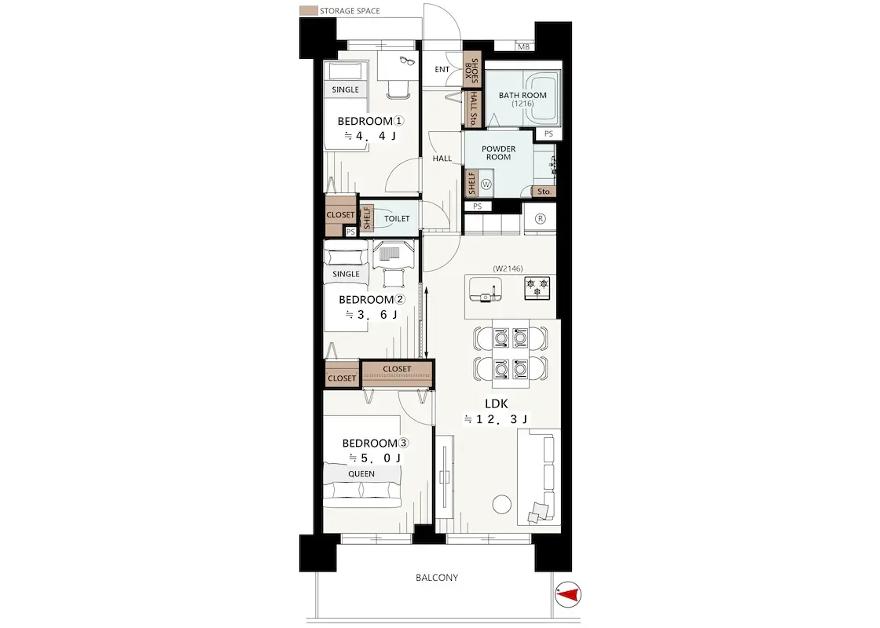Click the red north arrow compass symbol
pyautogui.click(x=569, y=594)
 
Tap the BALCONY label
pyautogui.click(x=437, y=577)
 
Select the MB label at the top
pyautogui.click(x=523, y=47)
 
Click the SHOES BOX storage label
pyautogui.click(x=471, y=70)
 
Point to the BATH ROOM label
pyautogui.click(x=522, y=95)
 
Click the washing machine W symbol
pyautogui.click(x=486, y=184)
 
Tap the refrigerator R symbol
pyautogui.click(x=540, y=219)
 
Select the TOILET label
pyautogui.click(x=397, y=219)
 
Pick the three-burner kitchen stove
pyautogui.click(x=537, y=287)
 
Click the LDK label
pyautogui.click(x=496, y=403)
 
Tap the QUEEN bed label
pyautogui.click(x=361, y=474)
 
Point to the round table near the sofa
pyautogui.click(x=502, y=504)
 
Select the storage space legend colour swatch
pyautogui.click(x=307, y=11)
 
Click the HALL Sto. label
pyautogui.click(x=473, y=109)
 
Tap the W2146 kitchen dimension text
pyautogui.click(x=508, y=268)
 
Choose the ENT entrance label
pyautogui.click(x=442, y=70)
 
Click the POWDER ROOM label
pyautogui.click(x=498, y=153)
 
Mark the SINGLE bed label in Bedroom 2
pyautogui.click(x=346, y=274)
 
